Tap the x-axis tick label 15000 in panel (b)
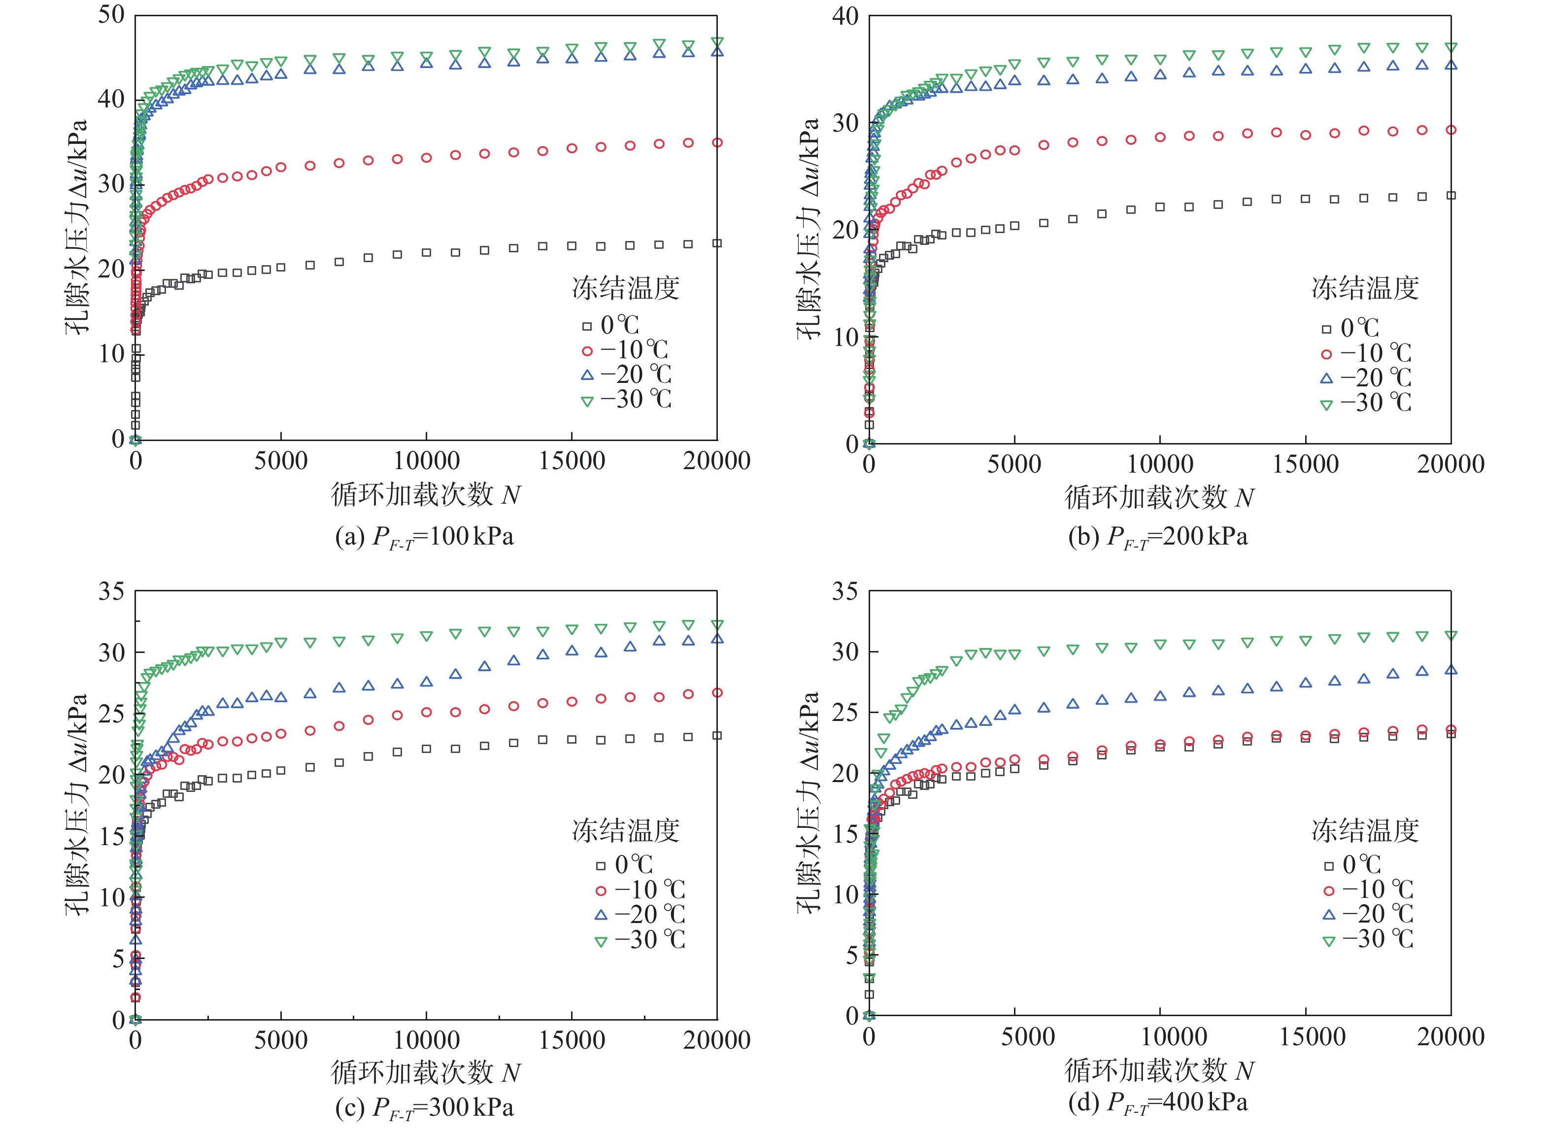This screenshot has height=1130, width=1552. (x=1305, y=464)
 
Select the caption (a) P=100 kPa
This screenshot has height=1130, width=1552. (x=424, y=537)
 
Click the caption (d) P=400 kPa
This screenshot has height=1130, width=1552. (x=1158, y=1102)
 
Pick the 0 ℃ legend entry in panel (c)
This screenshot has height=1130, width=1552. (x=624, y=864)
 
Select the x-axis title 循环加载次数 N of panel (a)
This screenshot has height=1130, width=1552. (x=426, y=495)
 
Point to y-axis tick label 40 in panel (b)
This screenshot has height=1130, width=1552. (x=844, y=16)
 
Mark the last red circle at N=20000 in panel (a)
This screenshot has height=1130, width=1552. (x=717, y=142)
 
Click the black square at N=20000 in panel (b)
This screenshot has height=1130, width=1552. (x=1451, y=196)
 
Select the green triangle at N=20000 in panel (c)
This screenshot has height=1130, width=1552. (x=717, y=625)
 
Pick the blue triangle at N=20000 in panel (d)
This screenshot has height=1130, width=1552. (x=1451, y=670)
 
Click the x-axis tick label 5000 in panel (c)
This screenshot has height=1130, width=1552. (x=280, y=1040)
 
